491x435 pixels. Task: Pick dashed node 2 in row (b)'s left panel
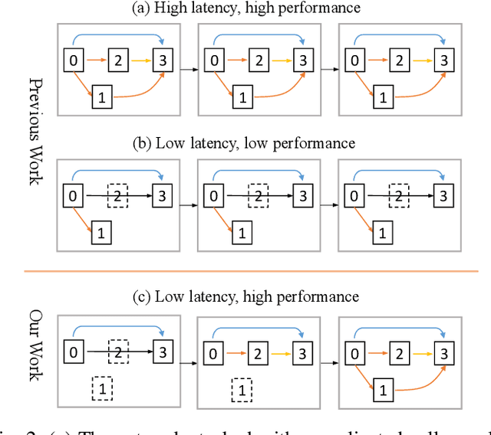click(x=118, y=196)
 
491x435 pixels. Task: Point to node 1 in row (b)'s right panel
click(x=382, y=229)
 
